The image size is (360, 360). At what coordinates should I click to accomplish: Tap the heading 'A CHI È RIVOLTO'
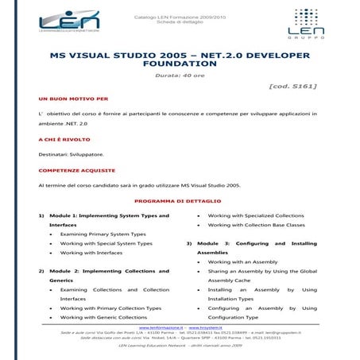pyautogui.click(x=64, y=139)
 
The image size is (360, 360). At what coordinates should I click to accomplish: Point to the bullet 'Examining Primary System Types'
pyautogui.click(x=103, y=234)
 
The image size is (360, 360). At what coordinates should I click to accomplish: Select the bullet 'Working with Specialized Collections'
pyautogui.click(x=256, y=215)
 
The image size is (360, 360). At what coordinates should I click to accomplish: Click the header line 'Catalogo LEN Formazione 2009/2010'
pyautogui.click(x=180, y=16)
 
